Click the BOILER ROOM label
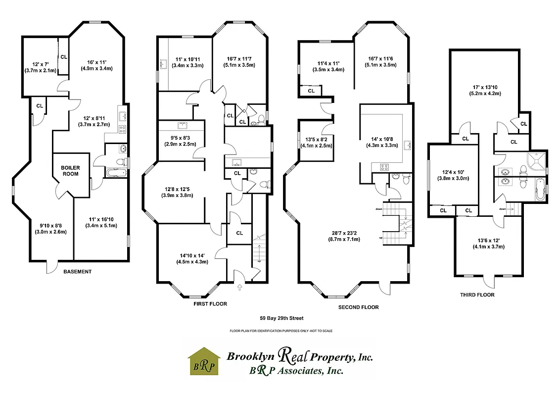(x=70, y=171)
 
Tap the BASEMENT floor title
(x=78, y=272)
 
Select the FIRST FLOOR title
(x=210, y=304)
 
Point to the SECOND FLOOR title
(x=358, y=307)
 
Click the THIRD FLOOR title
(x=477, y=295)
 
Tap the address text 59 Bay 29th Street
(x=281, y=318)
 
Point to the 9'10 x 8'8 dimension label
(x=50, y=228)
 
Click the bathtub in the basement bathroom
(x=117, y=172)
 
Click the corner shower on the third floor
(x=535, y=162)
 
